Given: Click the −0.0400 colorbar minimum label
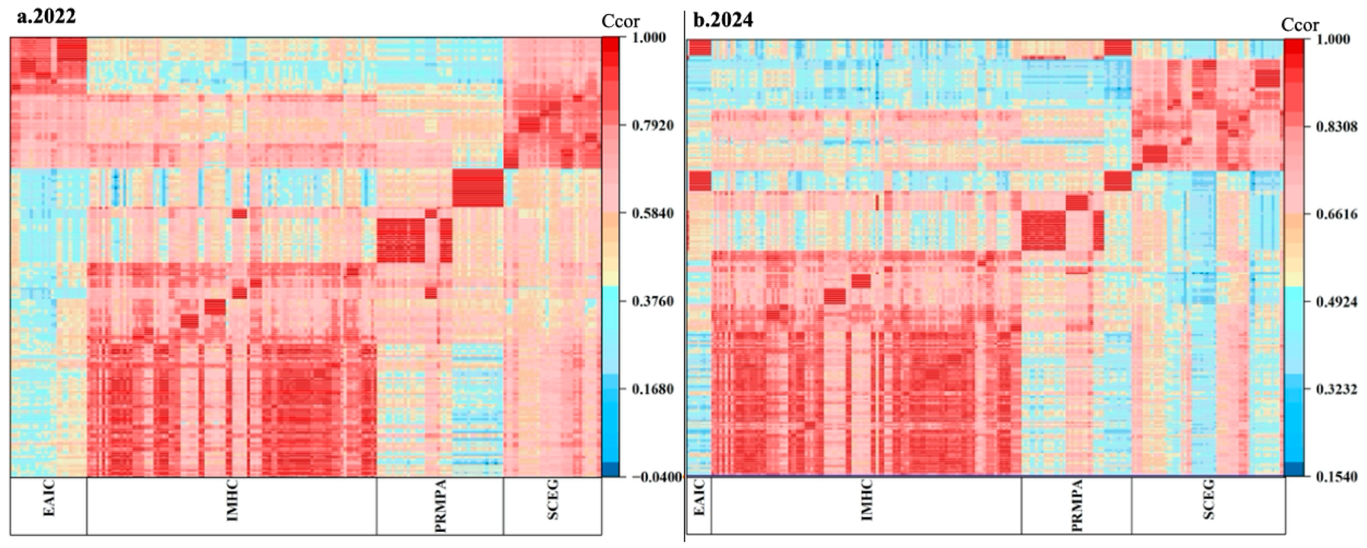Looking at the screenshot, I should tap(654, 477).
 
